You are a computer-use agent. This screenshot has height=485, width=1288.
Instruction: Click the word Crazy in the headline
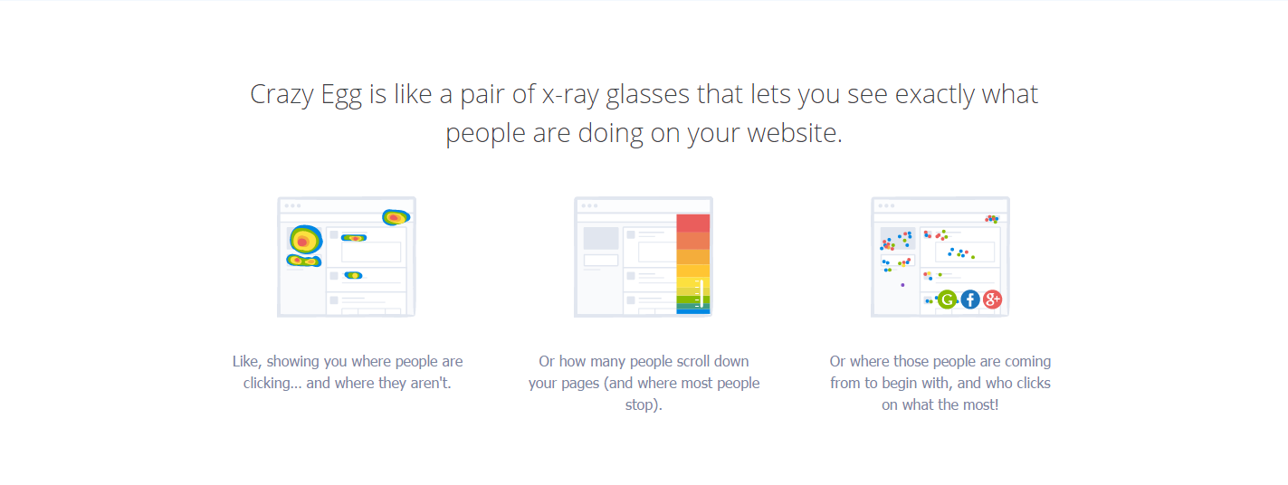pos(281,95)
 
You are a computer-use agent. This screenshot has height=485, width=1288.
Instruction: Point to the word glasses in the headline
pos(647,95)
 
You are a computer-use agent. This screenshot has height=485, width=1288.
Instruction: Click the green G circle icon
pos(947,300)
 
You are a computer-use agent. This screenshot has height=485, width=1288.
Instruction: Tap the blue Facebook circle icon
pos(970,300)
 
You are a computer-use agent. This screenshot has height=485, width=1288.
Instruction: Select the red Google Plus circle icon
pos(992,300)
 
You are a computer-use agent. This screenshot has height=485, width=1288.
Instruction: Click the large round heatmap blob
pos(305,240)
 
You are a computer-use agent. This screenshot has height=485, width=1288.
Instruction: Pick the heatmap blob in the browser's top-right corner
pos(396,217)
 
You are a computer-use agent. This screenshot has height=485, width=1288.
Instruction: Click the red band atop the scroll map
pos(692,223)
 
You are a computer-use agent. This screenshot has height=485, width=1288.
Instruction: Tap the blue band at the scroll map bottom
pos(692,311)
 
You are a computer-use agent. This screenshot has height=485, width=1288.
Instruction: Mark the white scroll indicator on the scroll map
pos(701,293)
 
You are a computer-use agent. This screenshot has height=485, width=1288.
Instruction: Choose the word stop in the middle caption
pos(641,405)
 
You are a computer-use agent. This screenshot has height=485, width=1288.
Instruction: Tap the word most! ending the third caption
pos(980,404)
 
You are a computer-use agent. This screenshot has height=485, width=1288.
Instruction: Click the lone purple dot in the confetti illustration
pos(902,285)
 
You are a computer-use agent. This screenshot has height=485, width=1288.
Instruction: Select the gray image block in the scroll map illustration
pos(601,239)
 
